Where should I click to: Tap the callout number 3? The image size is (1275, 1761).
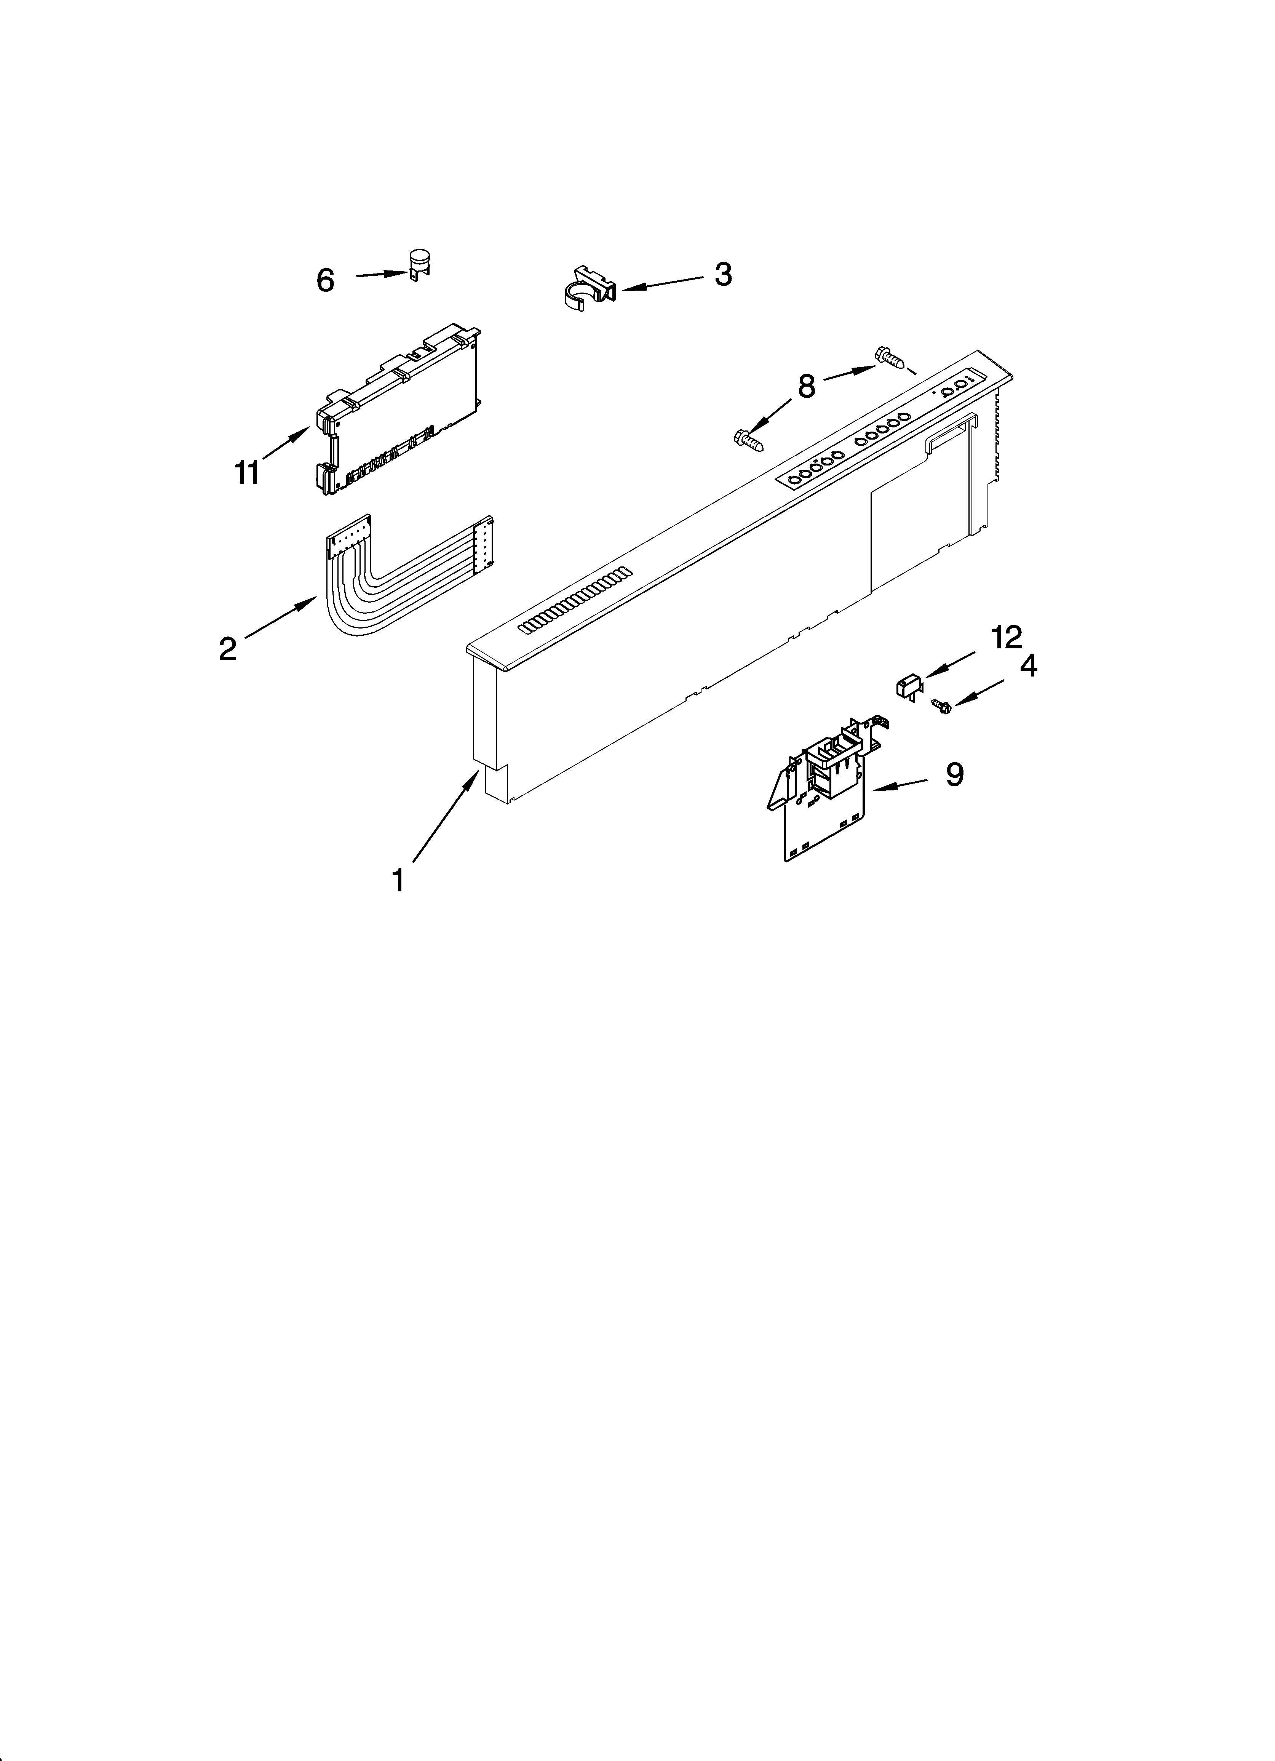[x=723, y=274]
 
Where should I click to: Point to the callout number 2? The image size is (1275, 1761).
[x=227, y=648]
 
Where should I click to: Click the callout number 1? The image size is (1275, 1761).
[x=398, y=881]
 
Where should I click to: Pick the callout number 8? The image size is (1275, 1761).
[x=807, y=386]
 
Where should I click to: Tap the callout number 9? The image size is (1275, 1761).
[x=954, y=774]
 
